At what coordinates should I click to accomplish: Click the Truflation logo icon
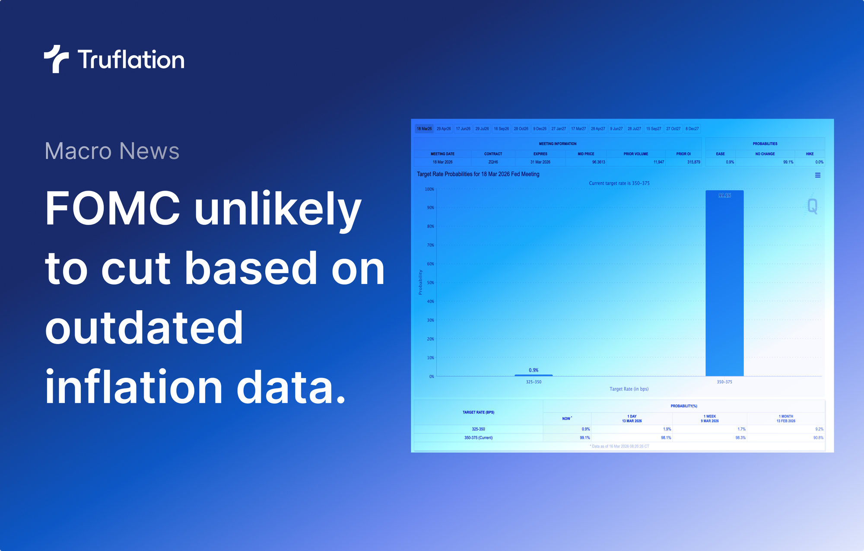(x=56, y=59)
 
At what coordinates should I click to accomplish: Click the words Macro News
(x=112, y=151)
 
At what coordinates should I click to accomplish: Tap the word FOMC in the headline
(x=112, y=208)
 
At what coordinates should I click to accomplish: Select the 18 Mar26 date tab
(x=424, y=129)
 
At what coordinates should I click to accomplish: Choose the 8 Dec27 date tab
(x=692, y=129)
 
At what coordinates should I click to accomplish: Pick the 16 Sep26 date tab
(x=501, y=129)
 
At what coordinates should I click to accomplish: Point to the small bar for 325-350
(x=534, y=375)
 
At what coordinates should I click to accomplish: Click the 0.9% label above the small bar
(x=534, y=370)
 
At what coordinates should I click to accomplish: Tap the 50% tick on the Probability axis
(x=430, y=283)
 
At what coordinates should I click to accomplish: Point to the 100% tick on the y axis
(x=429, y=189)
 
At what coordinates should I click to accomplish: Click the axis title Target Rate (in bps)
(x=629, y=389)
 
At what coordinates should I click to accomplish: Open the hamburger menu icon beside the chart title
(x=817, y=175)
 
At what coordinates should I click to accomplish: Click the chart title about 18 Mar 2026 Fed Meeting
(x=478, y=174)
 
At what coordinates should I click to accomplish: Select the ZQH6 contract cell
(x=493, y=162)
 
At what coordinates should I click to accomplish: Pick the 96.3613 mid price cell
(x=598, y=162)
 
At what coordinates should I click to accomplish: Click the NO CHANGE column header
(x=765, y=154)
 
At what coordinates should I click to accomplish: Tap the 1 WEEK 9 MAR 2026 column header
(x=709, y=418)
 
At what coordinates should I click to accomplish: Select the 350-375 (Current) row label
(x=478, y=438)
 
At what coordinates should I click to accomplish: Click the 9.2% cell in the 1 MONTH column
(x=819, y=429)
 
